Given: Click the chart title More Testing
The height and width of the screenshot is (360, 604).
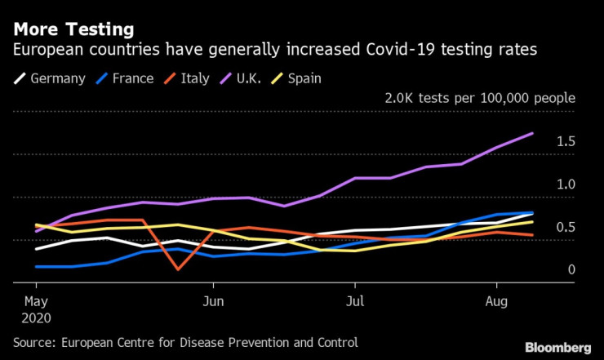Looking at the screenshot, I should (73, 30).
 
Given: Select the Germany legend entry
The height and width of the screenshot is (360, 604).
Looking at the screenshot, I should (57, 79).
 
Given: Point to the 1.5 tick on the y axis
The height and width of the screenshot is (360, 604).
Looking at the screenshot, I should (566, 142).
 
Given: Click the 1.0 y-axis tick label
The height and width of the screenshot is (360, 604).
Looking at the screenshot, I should (566, 184).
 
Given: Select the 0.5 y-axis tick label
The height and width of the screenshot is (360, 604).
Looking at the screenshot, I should (566, 227).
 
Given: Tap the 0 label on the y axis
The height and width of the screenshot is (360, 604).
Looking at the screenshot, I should (571, 269).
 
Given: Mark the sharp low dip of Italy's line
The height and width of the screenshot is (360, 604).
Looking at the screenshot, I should (178, 269).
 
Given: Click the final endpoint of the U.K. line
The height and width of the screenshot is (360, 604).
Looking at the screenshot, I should (533, 133).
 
